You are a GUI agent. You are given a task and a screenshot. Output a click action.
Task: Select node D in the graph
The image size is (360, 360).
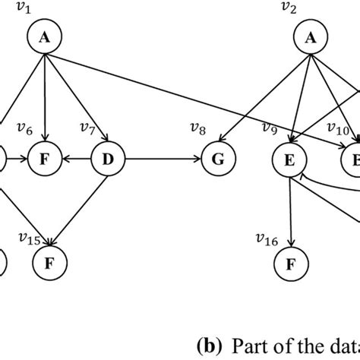(107, 160)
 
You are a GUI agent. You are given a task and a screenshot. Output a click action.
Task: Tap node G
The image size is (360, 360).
(218, 160)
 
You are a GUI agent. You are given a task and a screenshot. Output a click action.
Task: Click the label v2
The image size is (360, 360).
(288, 9)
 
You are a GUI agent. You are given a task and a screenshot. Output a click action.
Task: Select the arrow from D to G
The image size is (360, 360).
(163, 160)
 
